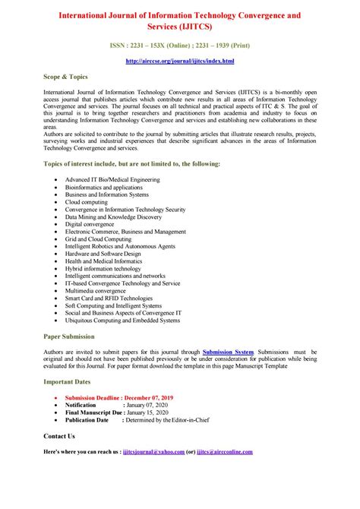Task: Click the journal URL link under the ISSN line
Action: pos(179,60)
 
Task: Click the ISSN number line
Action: pos(179,45)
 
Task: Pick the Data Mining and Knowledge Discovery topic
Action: pos(113,217)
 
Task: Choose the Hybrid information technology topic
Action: pos(103,268)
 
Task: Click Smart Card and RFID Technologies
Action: pos(109,298)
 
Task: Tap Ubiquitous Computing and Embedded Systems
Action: pos(122,320)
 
